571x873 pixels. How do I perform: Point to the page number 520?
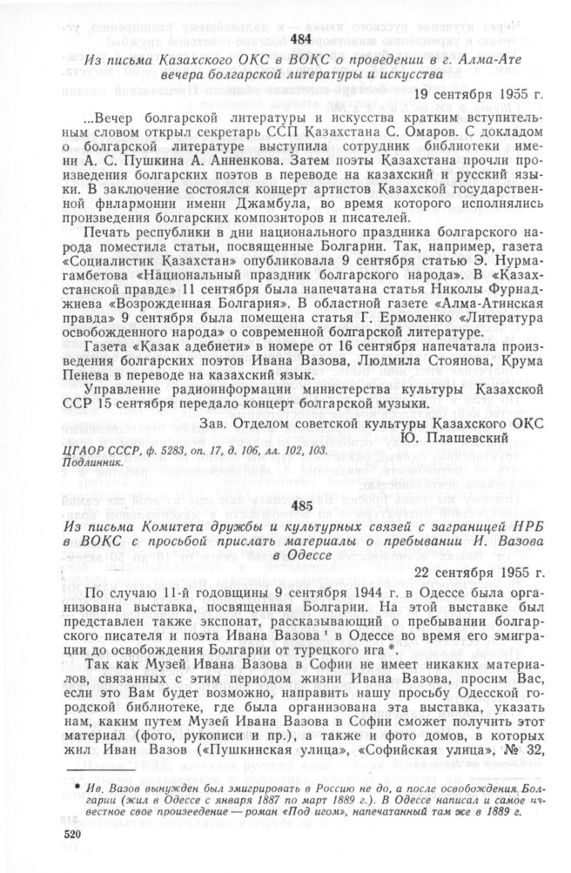coord(77,834)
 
